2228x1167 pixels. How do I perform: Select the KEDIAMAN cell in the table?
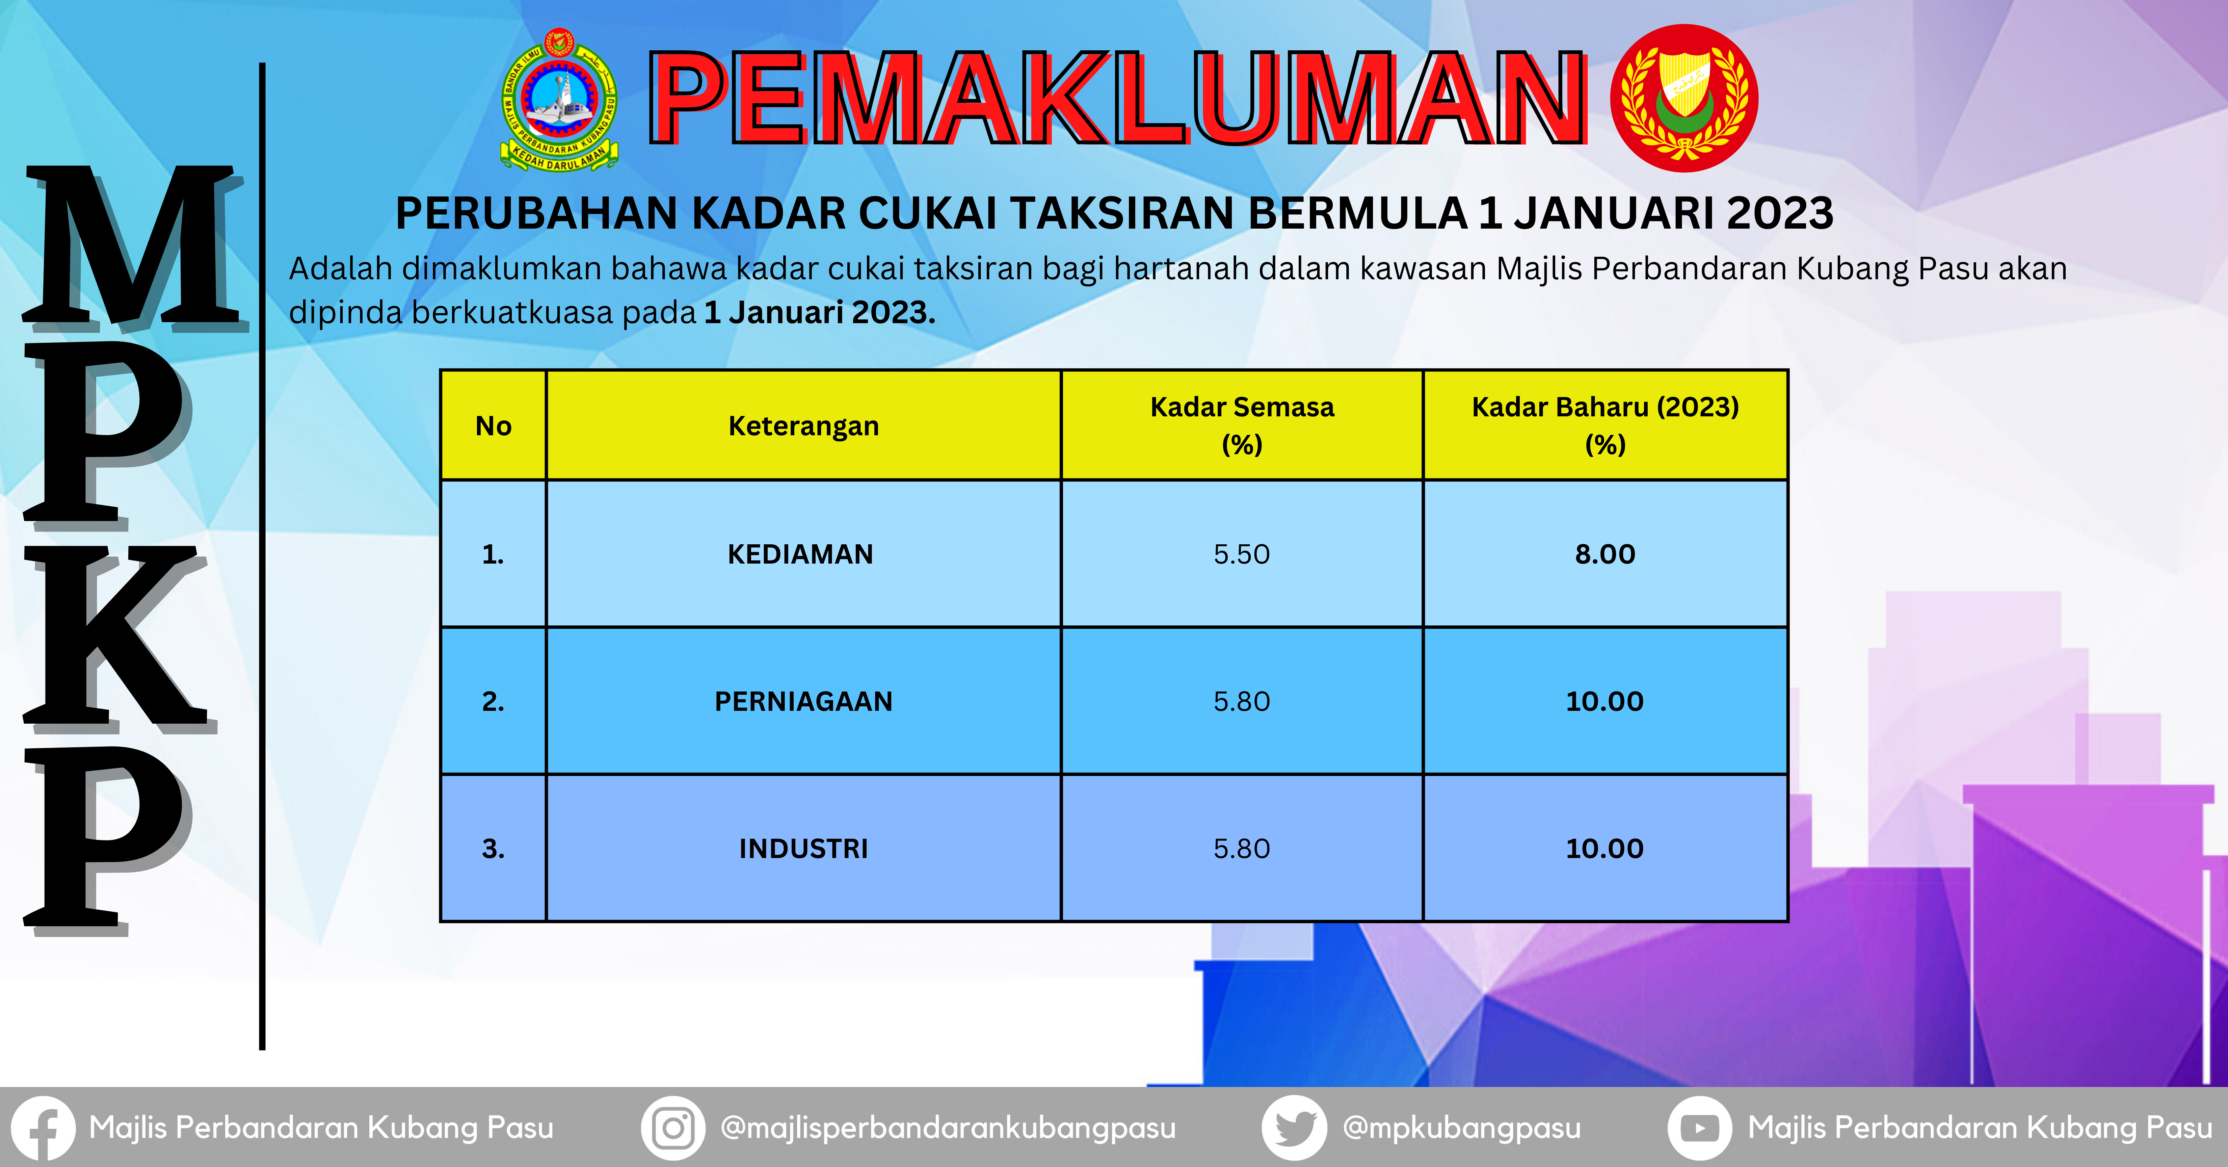[803, 554]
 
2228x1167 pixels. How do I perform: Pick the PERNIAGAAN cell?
[803, 701]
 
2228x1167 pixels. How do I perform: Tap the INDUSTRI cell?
[803, 848]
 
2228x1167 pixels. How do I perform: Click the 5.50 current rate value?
[1241, 554]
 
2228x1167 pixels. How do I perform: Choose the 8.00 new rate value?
[1605, 554]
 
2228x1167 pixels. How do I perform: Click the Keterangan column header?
[803, 425]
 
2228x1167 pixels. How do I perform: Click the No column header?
[493, 425]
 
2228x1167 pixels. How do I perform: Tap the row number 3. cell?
[493, 848]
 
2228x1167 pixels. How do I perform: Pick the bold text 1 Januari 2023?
[820, 312]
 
